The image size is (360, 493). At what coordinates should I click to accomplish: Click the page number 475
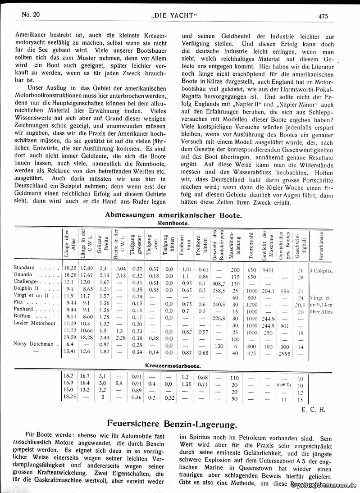click(323, 16)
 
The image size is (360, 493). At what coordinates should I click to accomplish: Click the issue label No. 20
click(31, 14)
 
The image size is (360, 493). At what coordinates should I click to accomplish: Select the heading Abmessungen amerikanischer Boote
click(173, 215)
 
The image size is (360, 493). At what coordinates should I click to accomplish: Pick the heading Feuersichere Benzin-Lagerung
click(173, 424)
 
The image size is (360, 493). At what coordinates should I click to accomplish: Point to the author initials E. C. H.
click(310, 410)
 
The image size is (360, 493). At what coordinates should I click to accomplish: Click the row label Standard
click(24, 268)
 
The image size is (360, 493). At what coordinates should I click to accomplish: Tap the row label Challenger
click(26, 283)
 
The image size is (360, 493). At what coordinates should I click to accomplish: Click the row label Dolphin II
click(26, 290)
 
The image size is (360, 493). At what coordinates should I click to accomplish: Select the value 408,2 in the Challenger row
click(218, 283)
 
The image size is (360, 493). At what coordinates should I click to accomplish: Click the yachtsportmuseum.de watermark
click(324, 486)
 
